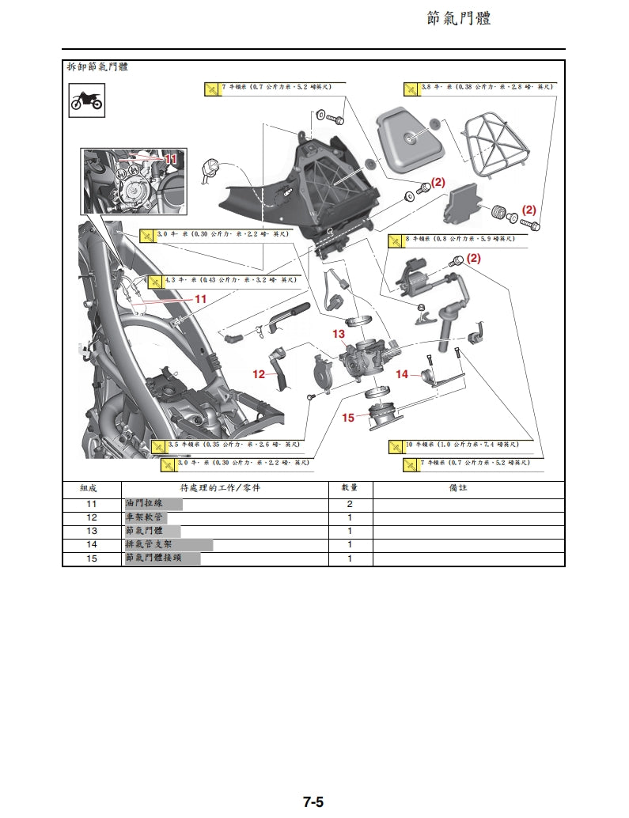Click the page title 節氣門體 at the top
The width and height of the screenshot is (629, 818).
coord(459,18)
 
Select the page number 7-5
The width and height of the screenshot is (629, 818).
coord(313,801)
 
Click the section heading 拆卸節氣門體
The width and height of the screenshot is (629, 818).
coord(97,68)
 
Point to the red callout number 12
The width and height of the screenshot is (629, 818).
coord(259,374)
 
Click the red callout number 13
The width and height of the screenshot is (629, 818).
coord(339,334)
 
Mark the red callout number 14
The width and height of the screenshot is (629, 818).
coord(402,374)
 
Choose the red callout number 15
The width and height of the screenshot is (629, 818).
coord(348,418)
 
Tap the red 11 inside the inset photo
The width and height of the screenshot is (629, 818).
coord(172,159)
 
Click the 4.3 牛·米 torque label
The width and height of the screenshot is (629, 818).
coord(229,280)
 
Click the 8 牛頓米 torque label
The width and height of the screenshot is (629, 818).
coord(459,238)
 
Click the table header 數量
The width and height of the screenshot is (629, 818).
coord(350,488)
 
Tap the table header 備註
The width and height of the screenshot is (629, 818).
coord(458,488)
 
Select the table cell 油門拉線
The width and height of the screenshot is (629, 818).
coord(143,504)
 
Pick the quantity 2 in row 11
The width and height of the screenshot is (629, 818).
coord(350,504)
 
